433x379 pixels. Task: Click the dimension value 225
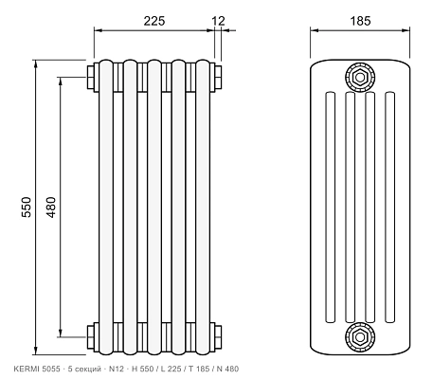pos(154,21)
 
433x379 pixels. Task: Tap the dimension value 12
pos(219,21)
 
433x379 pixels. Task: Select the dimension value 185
pos(360,21)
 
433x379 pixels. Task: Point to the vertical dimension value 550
pos(27,207)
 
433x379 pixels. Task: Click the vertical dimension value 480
pos(51,207)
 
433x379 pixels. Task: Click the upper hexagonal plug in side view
pos(360,77)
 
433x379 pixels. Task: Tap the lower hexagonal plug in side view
pos(360,337)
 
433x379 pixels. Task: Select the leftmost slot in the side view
pos(330,208)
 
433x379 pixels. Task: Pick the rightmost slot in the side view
pos(390,208)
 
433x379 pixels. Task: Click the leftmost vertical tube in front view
pos(106,207)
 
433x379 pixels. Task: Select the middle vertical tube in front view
pos(154,207)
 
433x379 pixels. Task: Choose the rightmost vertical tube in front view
pos(203,207)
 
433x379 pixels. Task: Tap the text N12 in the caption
pos(115,369)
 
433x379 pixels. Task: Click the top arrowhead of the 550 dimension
pos(36,63)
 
